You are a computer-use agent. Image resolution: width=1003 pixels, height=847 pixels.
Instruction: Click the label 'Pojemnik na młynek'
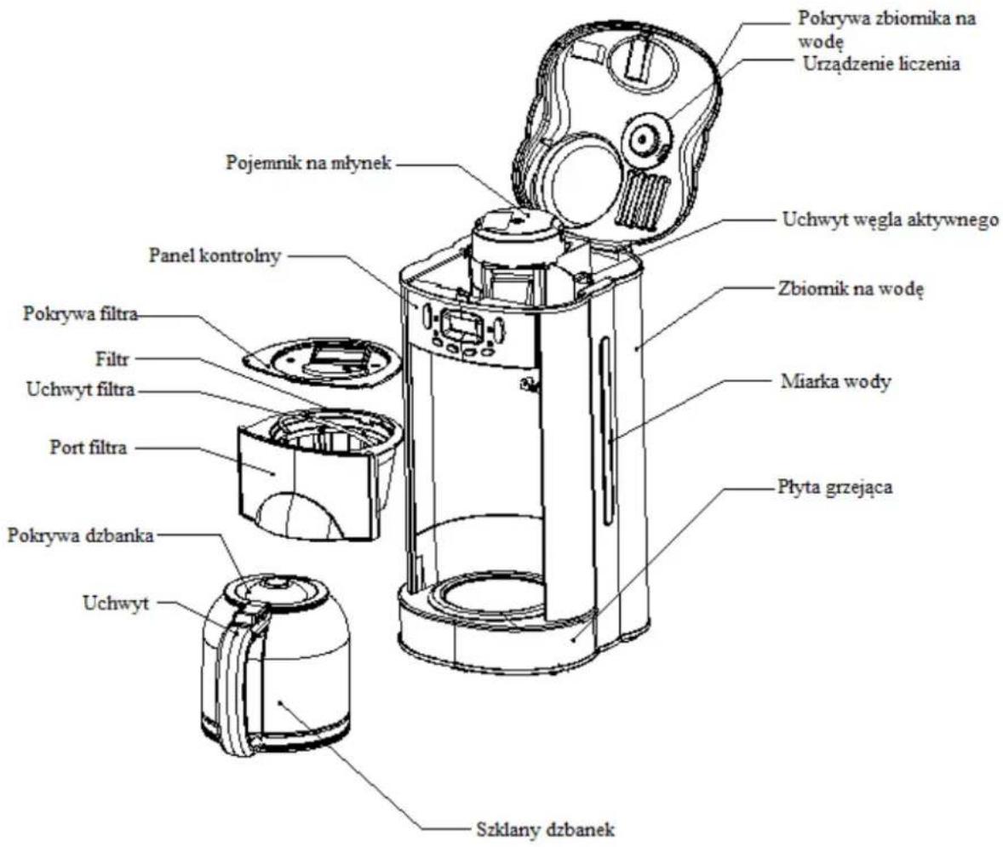click(x=308, y=163)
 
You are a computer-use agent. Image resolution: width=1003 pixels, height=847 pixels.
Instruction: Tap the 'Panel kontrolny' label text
click(x=215, y=255)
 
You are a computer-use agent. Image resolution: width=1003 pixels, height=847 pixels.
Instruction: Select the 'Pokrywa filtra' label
click(x=81, y=314)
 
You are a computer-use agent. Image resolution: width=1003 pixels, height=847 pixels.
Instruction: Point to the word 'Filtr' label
click(x=112, y=359)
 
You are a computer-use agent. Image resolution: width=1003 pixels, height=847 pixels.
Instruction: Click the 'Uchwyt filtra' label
click(x=81, y=390)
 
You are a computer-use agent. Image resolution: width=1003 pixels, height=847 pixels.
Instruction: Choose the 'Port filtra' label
click(x=89, y=447)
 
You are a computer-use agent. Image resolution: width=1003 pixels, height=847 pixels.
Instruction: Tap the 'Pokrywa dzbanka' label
click(x=81, y=535)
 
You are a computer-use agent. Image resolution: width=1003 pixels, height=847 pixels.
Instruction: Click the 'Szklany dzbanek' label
click(x=546, y=830)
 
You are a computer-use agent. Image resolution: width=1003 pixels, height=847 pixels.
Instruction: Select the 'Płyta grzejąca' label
click(x=834, y=488)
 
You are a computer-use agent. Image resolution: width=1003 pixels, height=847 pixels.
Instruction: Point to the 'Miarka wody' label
click(x=835, y=382)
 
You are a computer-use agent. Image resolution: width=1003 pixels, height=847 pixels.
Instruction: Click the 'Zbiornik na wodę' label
click(x=851, y=289)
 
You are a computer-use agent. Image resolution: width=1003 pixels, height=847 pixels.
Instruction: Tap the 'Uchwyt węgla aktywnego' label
click(x=891, y=220)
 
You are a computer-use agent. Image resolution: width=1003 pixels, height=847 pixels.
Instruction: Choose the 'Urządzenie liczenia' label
click(x=881, y=64)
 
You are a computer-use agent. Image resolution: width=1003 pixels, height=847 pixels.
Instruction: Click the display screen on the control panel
click(x=459, y=325)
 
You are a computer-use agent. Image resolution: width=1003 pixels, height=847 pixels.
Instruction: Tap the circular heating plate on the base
click(x=487, y=598)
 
